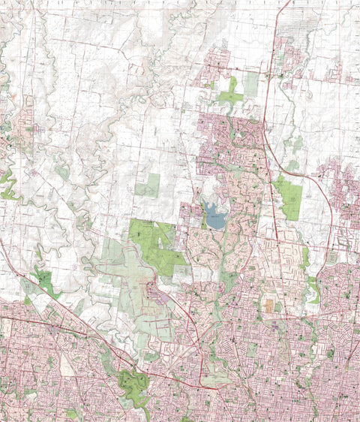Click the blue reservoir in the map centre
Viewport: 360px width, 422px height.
pyautogui.click(x=214, y=219)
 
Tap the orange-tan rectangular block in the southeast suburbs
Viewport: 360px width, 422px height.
pyautogui.click(x=268, y=306)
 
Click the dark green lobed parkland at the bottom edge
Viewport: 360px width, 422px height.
pyautogui.click(x=136, y=386)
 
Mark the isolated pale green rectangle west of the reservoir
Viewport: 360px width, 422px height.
pyautogui.click(x=148, y=185)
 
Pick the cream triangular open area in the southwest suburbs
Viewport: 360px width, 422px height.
pyautogui.click(x=67, y=365)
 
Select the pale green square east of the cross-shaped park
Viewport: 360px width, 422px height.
pyautogui.click(x=251, y=84)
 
